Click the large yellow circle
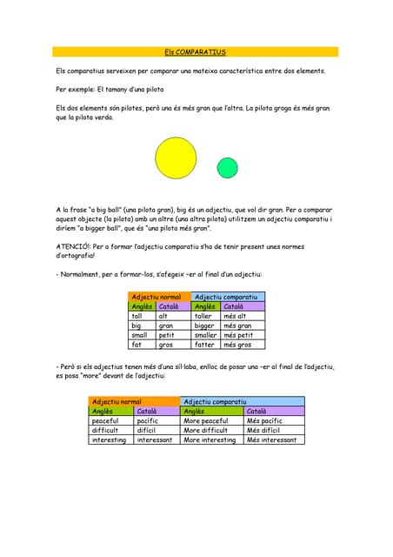176,158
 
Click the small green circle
228,167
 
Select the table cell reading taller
205,316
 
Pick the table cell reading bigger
205,325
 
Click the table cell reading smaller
206,335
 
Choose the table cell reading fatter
204,345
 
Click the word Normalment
81,275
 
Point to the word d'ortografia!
79,256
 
